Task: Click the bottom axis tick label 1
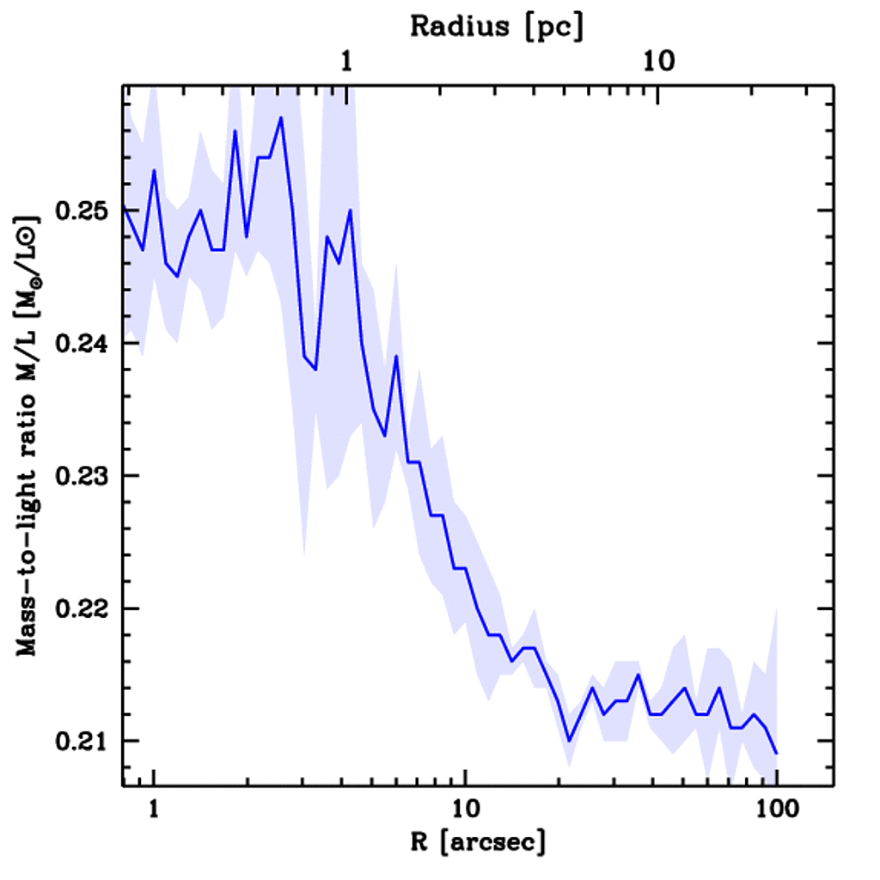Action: coord(154,810)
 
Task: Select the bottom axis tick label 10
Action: coord(465,810)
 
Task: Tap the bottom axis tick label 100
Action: coord(776,810)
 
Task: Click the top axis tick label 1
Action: coord(346,62)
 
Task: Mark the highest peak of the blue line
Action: coord(281,118)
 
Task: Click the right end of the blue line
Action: coord(776,754)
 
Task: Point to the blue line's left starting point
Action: coord(124,207)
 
